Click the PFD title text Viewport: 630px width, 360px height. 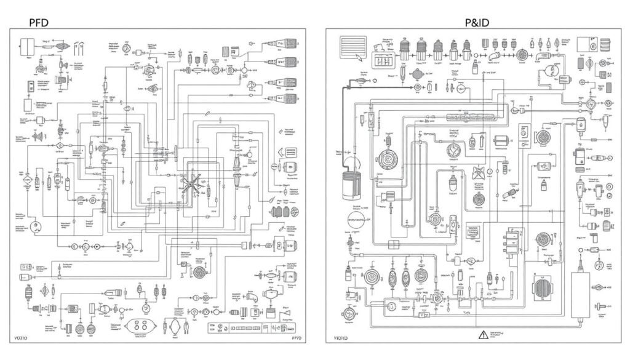click(x=38, y=22)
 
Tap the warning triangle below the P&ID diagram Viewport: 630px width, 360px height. click(x=482, y=335)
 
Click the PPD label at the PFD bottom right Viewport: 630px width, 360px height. click(x=297, y=338)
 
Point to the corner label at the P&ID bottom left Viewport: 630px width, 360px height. click(x=340, y=338)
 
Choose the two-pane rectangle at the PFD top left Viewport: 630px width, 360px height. click(x=27, y=47)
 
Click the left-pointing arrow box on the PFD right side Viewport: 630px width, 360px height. click(x=287, y=154)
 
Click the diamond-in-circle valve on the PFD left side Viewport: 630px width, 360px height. click(x=60, y=148)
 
